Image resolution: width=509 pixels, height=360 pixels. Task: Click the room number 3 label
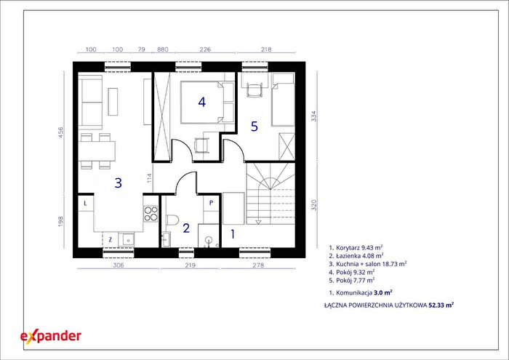point(118,183)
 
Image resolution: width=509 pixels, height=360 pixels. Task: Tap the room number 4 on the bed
point(202,103)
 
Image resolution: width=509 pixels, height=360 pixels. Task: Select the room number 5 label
point(254,127)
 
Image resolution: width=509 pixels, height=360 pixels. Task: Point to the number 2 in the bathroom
point(186,228)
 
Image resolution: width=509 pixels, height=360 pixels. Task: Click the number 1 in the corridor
point(233,233)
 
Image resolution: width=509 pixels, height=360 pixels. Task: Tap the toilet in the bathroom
point(173,220)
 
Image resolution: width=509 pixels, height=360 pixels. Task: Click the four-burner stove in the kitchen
point(151,215)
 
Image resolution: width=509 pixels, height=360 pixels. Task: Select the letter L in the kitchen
point(85,204)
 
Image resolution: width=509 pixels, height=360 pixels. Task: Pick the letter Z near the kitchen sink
point(111,240)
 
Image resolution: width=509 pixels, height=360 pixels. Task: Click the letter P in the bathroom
point(211,203)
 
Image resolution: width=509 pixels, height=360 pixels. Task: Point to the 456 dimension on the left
point(60,133)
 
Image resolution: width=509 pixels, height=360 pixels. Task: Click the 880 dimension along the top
point(163,49)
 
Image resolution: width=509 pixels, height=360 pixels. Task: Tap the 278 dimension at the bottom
point(258,265)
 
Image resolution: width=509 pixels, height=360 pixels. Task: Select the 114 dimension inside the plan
point(149,179)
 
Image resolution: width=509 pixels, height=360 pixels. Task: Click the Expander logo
point(51,337)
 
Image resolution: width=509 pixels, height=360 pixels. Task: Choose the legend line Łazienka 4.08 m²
point(356,255)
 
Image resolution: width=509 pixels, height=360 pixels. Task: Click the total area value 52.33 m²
point(441,305)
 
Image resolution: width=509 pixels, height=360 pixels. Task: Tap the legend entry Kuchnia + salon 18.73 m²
point(367,263)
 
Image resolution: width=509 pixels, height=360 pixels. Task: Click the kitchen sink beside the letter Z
point(127,239)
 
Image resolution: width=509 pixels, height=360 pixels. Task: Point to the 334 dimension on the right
point(313,116)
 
